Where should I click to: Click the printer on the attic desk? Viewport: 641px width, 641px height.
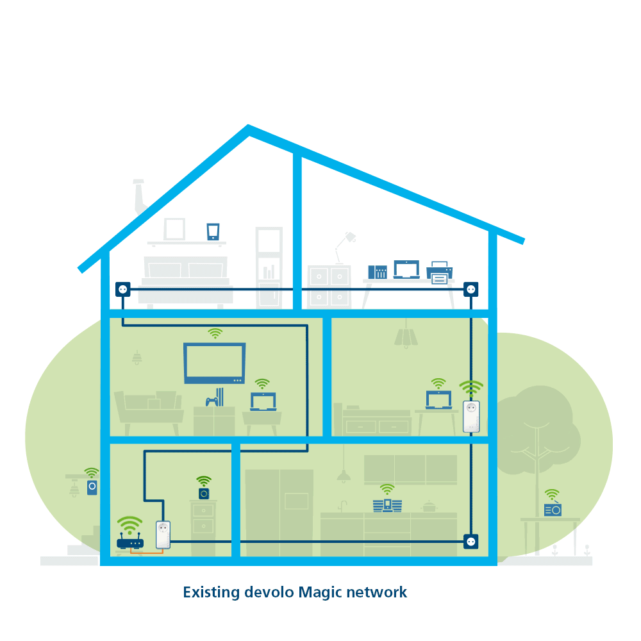[440, 272]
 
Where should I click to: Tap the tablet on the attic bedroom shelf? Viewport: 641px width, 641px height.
[213, 232]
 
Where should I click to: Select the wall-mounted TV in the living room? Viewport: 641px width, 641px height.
[215, 363]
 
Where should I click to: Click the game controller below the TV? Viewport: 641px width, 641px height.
[212, 401]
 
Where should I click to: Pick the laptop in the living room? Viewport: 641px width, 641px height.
[263, 401]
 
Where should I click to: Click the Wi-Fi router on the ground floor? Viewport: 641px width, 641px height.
[130, 540]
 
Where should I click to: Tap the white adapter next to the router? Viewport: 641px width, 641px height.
[163, 535]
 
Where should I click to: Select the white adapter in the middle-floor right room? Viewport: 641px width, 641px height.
[471, 416]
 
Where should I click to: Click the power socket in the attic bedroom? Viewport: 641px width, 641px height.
[122, 290]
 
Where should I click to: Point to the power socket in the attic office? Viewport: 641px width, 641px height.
[471, 290]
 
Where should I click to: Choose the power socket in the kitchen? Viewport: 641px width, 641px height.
[471, 542]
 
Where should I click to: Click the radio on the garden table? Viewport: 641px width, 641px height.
[553, 510]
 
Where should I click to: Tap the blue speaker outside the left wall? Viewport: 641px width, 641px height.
[92, 487]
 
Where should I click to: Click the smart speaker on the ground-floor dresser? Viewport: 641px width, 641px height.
[204, 494]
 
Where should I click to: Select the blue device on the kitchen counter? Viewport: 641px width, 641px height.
[387, 506]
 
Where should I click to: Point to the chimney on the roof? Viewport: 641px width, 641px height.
[140, 196]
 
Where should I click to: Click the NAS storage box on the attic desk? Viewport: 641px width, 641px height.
[378, 272]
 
